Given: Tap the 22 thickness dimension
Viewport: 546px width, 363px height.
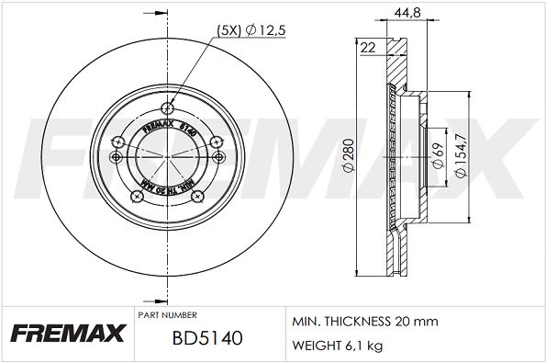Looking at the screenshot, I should click(x=369, y=49).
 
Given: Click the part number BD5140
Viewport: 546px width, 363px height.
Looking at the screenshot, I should click(x=206, y=338).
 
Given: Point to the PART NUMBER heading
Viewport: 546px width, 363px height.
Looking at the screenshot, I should click(x=166, y=312).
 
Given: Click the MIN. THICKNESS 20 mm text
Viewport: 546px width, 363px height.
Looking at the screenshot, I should click(x=364, y=322).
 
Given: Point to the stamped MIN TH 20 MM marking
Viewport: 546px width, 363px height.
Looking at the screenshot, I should click(x=167, y=191).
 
